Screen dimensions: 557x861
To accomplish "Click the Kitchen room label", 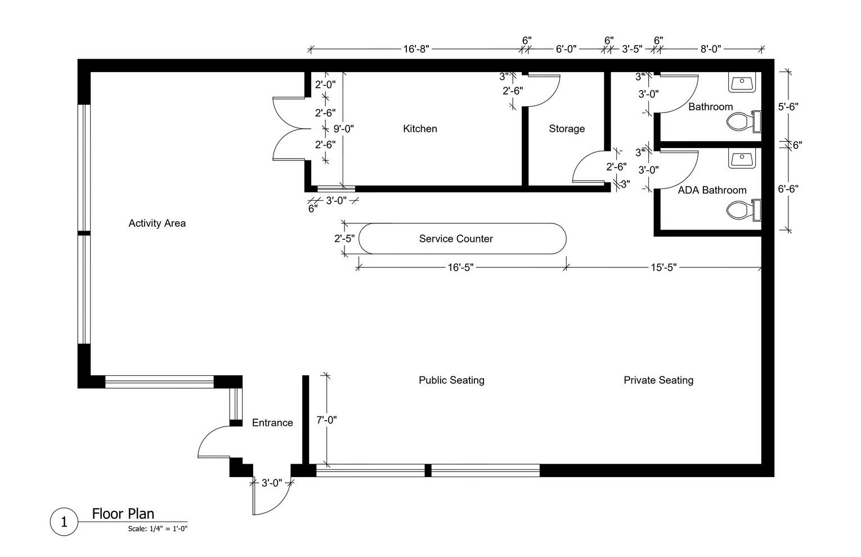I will pyautogui.click(x=420, y=129).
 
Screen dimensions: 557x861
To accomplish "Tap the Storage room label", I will pyautogui.click(x=567, y=129).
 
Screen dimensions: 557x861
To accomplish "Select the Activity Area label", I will pyautogui.click(x=157, y=223).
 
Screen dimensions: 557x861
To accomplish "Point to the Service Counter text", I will pyautogui.click(x=456, y=239).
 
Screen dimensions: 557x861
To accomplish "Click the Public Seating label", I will pyautogui.click(x=451, y=380).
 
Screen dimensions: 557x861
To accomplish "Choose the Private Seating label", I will pyautogui.click(x=658, y=380).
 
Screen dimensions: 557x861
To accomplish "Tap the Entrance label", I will pyautogui.click(x=272, y=423).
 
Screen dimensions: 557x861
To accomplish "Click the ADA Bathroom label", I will pyautogui.click(x=712, y=190).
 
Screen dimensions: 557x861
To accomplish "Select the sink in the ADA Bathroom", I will pyautogui.click(x=742, y=158).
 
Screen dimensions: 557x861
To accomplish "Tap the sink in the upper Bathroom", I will pyautogui.click(x=742, y=82).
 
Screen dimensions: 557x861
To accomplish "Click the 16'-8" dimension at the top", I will pyautogui.click(x=416, y=49).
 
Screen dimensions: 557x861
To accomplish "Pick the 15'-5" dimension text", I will pyautogui.click(x=664, y=267).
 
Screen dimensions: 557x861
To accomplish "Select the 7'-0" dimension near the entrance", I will pyautogui.click(x=327, y=420).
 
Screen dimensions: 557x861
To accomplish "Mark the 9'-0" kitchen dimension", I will pyautogui.click(x=343, y=129).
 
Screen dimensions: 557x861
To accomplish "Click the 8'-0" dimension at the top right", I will pyautogui.click(x=711, y=49).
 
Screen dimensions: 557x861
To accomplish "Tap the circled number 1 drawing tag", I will pyautogui.click(x=64, y=522).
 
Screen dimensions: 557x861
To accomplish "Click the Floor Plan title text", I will pyautogui.click(x=123, y=514).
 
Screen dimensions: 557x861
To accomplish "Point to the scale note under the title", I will pyautogui.click(x=158, y=529).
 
